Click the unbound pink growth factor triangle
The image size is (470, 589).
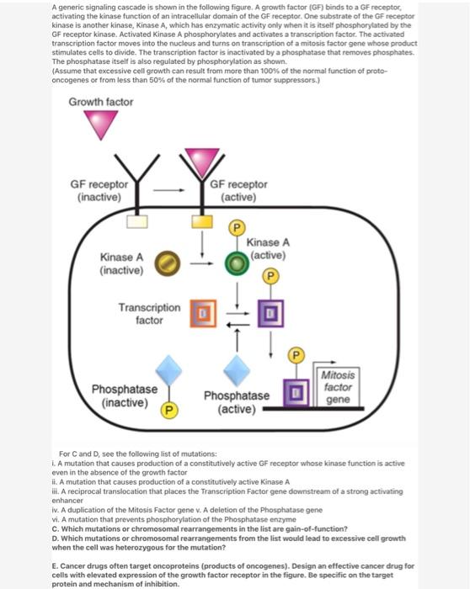(106, 124)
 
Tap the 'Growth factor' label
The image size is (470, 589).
(101, 102)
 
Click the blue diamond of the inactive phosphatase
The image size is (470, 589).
(169, 369)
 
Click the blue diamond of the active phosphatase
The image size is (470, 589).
(240, 369)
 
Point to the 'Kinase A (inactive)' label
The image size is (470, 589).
(121, 263)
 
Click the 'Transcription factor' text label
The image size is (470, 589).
(149, 314)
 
